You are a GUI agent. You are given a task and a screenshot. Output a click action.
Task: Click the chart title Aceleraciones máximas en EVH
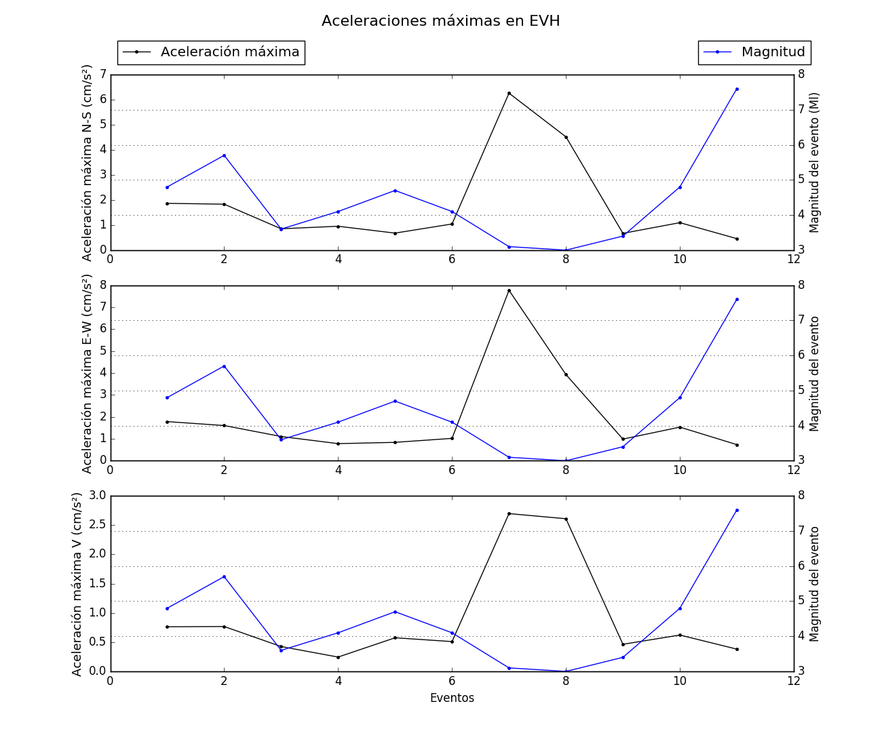pos(440,21)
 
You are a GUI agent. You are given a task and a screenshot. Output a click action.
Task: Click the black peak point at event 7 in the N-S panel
pos(509,93)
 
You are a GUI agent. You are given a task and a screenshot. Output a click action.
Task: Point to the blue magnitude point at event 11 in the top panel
pos(737,89)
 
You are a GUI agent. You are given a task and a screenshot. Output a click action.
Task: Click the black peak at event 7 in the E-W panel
pos(509,290)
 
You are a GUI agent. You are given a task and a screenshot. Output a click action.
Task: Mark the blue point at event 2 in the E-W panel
pos(224,366)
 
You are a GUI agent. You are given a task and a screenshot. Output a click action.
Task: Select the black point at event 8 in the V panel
pos(566,519)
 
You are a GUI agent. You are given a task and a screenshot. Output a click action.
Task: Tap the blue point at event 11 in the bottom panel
pos(737,510)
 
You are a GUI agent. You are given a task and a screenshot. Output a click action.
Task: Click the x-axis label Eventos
pos(452,698)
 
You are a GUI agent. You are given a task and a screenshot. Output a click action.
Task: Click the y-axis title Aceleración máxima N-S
pos(88,163)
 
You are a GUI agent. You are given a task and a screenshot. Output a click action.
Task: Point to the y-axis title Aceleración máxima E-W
pos(88,374)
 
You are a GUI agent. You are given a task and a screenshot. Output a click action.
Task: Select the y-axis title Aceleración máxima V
pos(77,584)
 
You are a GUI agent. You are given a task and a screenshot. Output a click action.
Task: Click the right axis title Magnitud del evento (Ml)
pos(815,163)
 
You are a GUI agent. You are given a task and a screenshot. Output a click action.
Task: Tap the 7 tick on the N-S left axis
pos(102,74)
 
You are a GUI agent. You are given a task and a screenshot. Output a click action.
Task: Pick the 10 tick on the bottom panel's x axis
pos(680,682)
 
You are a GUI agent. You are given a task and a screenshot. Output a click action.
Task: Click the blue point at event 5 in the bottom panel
pos(395,612)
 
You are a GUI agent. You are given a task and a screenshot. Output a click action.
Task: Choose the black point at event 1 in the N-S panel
pos(167,203)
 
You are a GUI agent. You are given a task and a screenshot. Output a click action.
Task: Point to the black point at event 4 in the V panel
pos(338,657)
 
